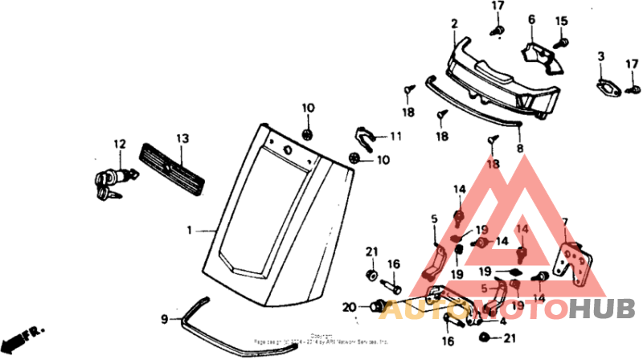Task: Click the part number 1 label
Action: tap(190, 231)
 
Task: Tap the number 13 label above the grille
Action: tap(182, 139)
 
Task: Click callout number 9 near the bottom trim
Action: tap(164, 319)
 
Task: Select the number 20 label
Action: tap(349, 306)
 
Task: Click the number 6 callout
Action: tap(531, 18)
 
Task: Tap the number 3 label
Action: tap(600, 55)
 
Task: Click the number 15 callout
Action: tap(561, 21)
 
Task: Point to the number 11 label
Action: tap(395, 136)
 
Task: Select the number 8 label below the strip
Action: tap(519, 149)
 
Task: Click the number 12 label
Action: tap(120, 145)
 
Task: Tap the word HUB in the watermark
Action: tap(602, 309)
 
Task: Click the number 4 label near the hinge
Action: tap(502, 321)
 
